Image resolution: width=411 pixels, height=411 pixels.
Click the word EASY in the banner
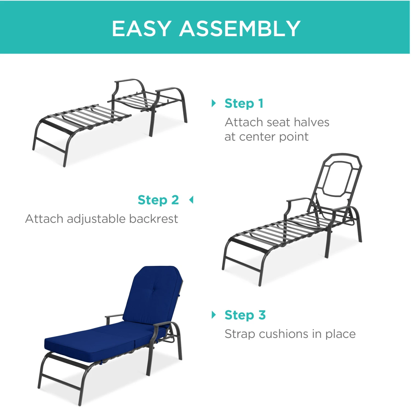point(142,28)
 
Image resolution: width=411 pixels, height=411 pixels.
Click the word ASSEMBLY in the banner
point(240,28)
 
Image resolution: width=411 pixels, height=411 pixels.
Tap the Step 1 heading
point(244,104)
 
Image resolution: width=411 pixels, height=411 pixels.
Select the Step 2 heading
point(158,200)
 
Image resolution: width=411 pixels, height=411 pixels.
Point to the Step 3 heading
point(245,315)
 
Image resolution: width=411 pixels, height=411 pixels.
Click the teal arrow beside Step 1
point(214,103)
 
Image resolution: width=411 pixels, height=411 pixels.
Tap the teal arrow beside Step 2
point(191,200)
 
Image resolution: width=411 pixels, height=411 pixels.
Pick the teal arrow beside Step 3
point(214,315)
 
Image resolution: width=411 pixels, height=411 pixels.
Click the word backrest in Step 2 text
point(153,219)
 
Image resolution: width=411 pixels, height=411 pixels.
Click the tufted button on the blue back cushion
point(155,291)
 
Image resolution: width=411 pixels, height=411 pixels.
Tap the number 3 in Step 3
point(262,315)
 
